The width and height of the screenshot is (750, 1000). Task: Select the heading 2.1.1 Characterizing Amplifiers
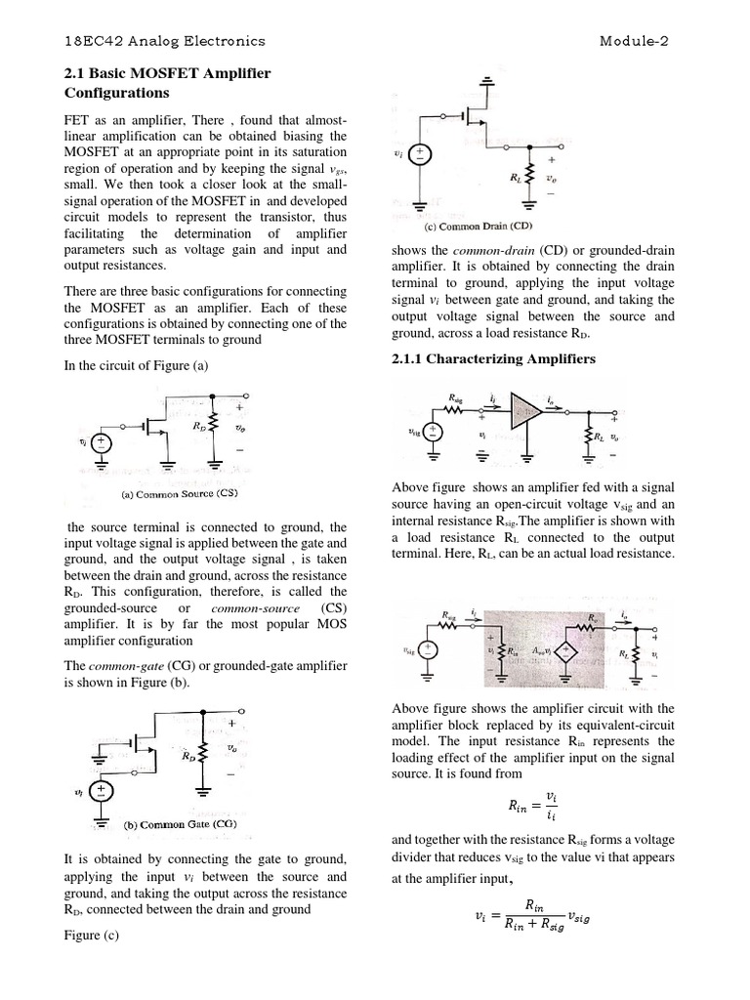(492, 359)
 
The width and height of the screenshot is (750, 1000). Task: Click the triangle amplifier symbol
(528, 411)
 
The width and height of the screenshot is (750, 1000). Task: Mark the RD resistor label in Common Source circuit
(199, 428)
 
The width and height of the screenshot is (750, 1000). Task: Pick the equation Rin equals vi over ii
(533, 807)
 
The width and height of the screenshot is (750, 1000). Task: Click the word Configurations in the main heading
(116, 93)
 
